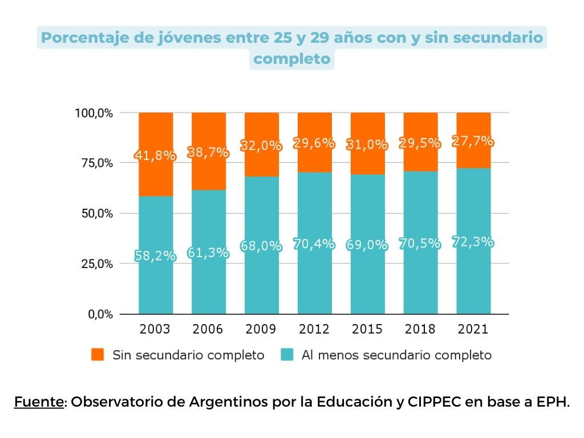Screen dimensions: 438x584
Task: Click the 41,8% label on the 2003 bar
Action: point(155,155)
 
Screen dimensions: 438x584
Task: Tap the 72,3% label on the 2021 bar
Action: point(473,242)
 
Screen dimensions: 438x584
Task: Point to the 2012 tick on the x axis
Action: point(314,329)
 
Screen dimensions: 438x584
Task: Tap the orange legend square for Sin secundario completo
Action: point(98,355)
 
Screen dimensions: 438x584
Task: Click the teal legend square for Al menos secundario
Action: point(287,355)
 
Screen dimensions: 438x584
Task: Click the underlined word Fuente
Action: point(39,401)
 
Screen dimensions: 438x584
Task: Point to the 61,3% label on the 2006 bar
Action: point(208,252)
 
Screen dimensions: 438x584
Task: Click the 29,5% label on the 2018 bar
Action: point(420,143)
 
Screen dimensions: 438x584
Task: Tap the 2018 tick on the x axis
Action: point(420,329)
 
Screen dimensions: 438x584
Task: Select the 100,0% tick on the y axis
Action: point(94,113)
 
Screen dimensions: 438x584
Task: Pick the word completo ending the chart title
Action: point(291,59)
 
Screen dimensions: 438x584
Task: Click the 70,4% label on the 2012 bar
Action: point(314,244)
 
